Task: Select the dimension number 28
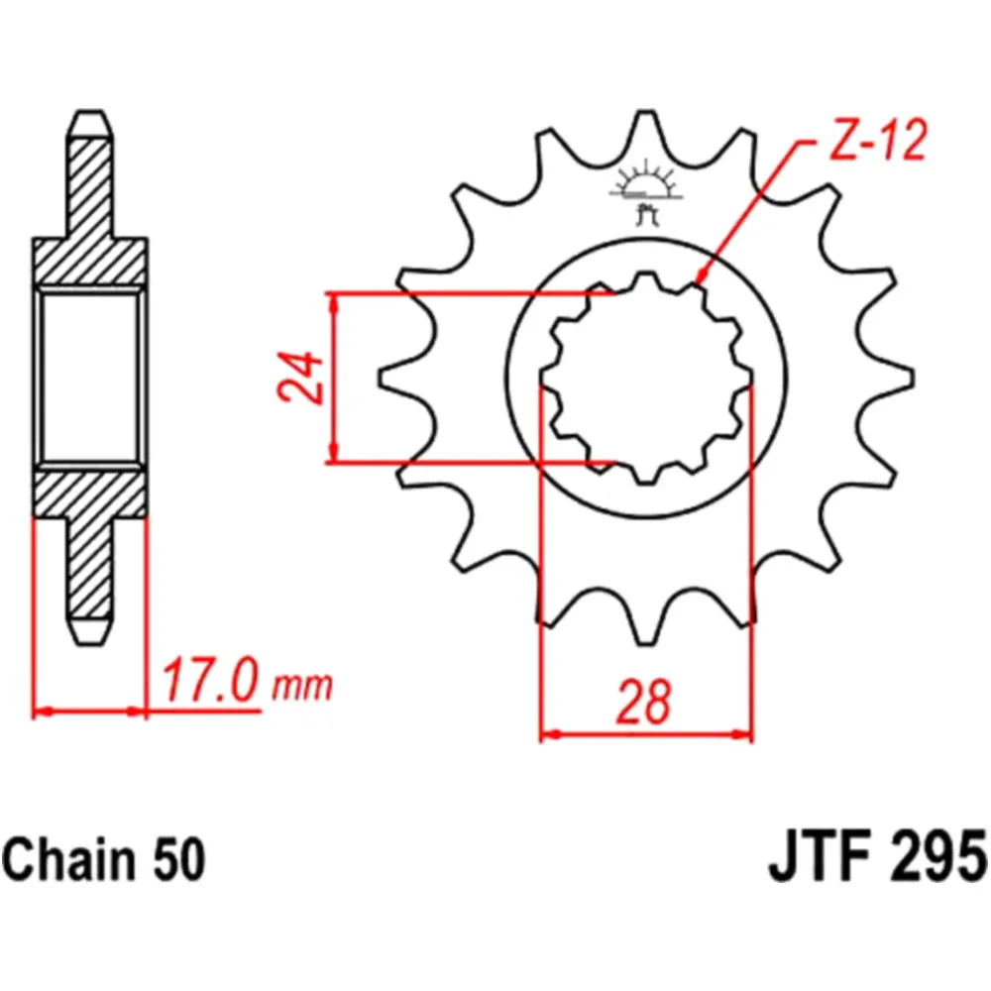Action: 645,702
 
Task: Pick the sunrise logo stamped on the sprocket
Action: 645,188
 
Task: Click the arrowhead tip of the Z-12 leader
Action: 701,284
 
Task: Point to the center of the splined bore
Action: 645,378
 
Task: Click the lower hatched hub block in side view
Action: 90,493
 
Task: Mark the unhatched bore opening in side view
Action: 90,378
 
